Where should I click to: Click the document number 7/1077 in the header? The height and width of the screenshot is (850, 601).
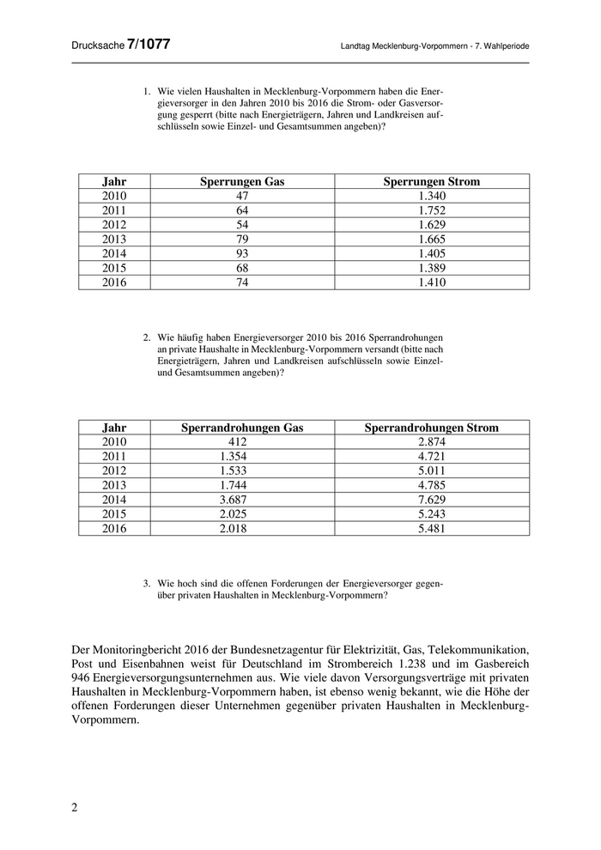tap(148, 45)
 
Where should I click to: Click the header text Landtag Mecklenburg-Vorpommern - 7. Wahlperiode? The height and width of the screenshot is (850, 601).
tap(434, 46)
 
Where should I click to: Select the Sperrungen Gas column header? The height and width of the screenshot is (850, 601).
tap(242, 182)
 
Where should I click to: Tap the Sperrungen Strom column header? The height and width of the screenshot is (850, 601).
tap(431, 182)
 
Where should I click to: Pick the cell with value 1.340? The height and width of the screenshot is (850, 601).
tap(431, 196)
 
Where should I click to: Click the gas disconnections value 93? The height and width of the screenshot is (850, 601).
tap(242, 253)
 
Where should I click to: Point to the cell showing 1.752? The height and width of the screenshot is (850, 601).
tap(431, 210)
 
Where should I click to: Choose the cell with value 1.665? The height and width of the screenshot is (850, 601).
tap(431, 239)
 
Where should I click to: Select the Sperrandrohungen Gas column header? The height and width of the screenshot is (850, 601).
tap(242, 428)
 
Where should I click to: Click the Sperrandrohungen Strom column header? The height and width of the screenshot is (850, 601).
tap(431, 428)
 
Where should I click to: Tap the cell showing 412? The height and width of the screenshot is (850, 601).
tap(242, 442)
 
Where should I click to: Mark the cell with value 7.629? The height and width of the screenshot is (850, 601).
tap(431, 500)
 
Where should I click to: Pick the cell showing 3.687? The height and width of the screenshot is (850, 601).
tap(242, 500)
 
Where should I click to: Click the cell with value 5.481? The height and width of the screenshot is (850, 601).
tap(431, 529)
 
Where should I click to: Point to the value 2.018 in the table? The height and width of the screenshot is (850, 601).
tap(242, 529)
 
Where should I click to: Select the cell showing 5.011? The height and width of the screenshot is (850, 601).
tap(431, 471)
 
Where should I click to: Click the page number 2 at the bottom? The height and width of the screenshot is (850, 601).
tap(74, 808)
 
